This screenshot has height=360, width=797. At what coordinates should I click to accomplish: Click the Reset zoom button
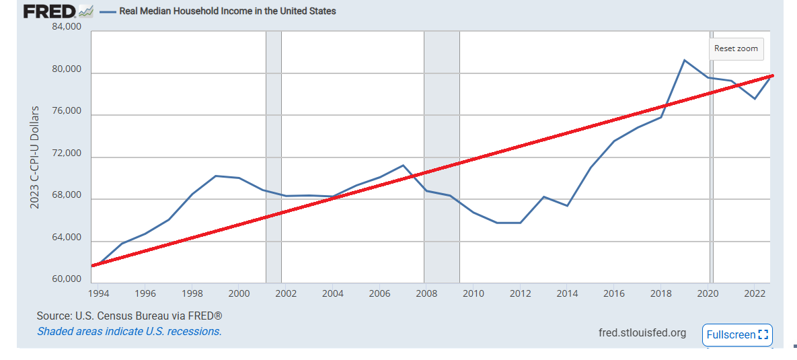click(736, 48)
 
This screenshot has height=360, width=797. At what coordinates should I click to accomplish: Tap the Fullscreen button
click(737, 334)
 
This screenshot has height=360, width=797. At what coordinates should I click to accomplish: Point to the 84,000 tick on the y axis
click(66, 28)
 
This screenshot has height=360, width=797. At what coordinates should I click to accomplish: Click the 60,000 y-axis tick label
click(66, 279)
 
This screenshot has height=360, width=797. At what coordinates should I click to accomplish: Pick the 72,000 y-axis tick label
click(66, 153)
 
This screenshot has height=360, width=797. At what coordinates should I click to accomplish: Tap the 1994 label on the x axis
click(99, 293)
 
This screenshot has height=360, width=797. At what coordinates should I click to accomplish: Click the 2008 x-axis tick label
click(427, 293)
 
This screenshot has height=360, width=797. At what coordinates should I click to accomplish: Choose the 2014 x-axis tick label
click(568, 293)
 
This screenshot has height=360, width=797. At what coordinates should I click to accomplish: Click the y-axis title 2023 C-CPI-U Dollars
click(35, 156)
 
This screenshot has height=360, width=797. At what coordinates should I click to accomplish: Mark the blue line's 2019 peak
click(684, 61)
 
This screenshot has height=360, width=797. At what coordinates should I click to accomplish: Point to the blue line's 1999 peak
click(215, 176)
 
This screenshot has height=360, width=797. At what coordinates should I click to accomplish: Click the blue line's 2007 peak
click(403, 165)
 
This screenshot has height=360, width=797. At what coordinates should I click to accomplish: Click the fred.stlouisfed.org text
click(642, 333)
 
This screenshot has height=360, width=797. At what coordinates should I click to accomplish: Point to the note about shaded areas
click(129, 331)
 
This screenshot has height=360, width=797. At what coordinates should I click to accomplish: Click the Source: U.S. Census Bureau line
click(129, 316)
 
